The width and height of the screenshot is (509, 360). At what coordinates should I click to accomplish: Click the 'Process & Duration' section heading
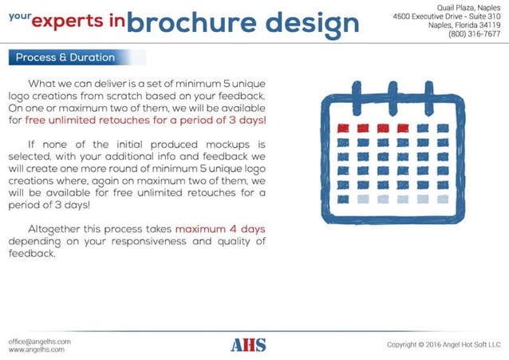[x=65, y=57]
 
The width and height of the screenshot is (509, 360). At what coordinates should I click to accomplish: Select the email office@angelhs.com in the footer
[x=40, y=341]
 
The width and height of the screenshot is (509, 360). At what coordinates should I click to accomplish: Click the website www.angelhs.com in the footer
[x=36, y=350]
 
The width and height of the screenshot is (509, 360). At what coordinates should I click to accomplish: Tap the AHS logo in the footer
[x=248, y=345]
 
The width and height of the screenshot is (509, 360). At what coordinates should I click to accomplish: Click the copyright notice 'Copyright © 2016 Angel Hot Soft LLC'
[x=443, y=345]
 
